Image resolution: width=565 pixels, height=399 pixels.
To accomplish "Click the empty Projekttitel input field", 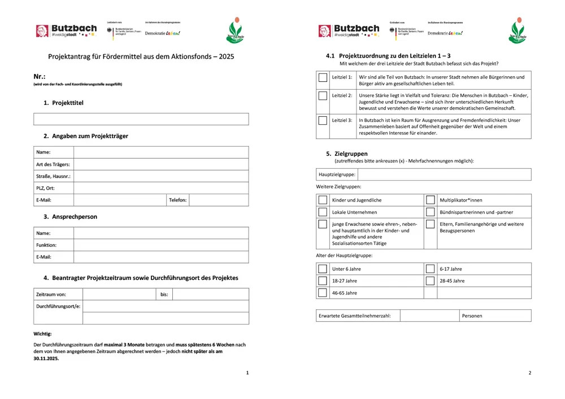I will pyautogui.click(x=141, y=119).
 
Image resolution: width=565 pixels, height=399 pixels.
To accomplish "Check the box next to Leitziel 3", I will pyautogui.click(x=323, y=120).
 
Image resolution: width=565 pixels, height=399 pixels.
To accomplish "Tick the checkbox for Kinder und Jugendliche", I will pyautogui.click(x=323, y=200).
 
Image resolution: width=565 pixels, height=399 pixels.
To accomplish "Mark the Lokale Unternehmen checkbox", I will pyautogui.click(x=323, y=212).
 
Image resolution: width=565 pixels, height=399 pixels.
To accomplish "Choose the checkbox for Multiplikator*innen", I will pyautogui.click(x=431, y=200).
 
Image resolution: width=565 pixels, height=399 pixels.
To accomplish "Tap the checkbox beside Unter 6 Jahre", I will pyautogui.click(x=323, y=269).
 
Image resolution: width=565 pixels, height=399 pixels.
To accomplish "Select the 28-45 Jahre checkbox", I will pyautogui.click(x=431, y=280).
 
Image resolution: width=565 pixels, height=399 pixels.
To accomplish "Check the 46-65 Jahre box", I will pyautogui.click(x=323, y=292).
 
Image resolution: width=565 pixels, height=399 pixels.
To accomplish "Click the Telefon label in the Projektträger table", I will pyautogui.click(x=177, y=200).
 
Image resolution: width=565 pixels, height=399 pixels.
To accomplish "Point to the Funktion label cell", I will pyautogui.click(x=46, y=245).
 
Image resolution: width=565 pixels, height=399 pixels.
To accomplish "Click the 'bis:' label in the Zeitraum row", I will pyautogui.click(x=164, y=295).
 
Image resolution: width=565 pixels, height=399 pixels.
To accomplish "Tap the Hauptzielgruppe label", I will pyautogui.click(x=337, y=175).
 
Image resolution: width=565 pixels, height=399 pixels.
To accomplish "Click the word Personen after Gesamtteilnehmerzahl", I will pyautogui.click(x=472, y=316).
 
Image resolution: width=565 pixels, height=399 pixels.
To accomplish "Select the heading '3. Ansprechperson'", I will pyautogui.click(x=70, y=216).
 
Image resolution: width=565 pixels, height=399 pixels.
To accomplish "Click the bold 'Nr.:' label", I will pyautogui.click(x=39, y=76).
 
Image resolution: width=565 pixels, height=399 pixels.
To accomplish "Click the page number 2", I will pyautogui.click(x=529, y=373).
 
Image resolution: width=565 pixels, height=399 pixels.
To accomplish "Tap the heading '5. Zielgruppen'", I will pyautogui.click(x=346, y=154).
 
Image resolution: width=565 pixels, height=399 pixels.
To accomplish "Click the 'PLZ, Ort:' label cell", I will pyautogui.click(x=45, y=188).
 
